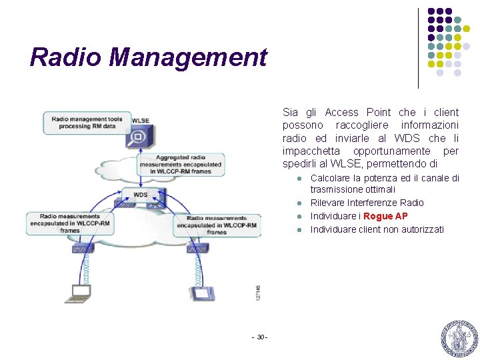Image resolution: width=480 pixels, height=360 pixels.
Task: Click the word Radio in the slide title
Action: [x=66, y=57]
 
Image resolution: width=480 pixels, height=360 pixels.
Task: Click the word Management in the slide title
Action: [x=188, y=57]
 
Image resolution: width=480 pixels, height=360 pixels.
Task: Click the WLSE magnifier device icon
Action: [x=138, y=137]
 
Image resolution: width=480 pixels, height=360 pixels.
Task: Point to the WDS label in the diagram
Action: [x=140, y=195]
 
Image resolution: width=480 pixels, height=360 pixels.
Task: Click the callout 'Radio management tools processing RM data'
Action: [x=87, y=121]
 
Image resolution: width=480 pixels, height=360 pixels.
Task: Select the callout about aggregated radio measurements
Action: [x=180, y=164]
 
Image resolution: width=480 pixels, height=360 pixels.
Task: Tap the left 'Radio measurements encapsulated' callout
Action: [x=69, y=223]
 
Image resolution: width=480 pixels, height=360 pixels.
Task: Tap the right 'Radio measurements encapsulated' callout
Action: [x=217, y=225]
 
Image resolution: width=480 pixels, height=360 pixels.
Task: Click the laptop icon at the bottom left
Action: [x=80, y=291]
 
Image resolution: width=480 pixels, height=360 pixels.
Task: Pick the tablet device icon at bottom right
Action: [x=201, y=293]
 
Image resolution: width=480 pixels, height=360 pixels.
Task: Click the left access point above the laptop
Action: [x=83, y=249]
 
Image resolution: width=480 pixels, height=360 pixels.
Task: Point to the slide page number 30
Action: [x=260, y=336]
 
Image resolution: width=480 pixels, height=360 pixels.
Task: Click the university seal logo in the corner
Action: [x=459, y=338]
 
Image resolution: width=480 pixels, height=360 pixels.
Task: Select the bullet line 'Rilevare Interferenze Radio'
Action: [x=367, y=203]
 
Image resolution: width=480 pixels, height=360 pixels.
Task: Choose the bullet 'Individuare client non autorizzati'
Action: [x=377, y=229]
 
